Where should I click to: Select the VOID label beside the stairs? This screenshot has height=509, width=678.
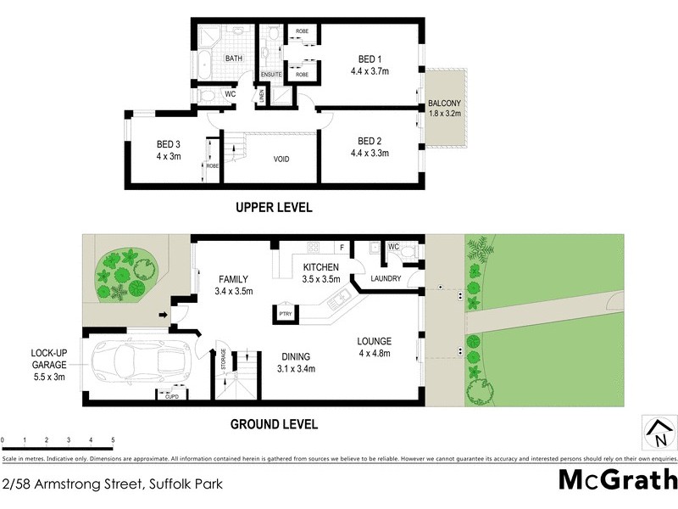[282, 159]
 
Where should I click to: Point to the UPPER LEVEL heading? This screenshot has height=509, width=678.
[274, 207]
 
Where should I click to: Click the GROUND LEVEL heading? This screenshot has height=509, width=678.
[274, 424]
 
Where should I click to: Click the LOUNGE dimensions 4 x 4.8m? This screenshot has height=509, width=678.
[374, 354]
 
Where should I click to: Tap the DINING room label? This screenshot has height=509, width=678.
[297, 356]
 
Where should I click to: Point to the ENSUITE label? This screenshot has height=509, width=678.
[271, 75]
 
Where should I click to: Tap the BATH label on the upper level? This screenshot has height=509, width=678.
[235, 59]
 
